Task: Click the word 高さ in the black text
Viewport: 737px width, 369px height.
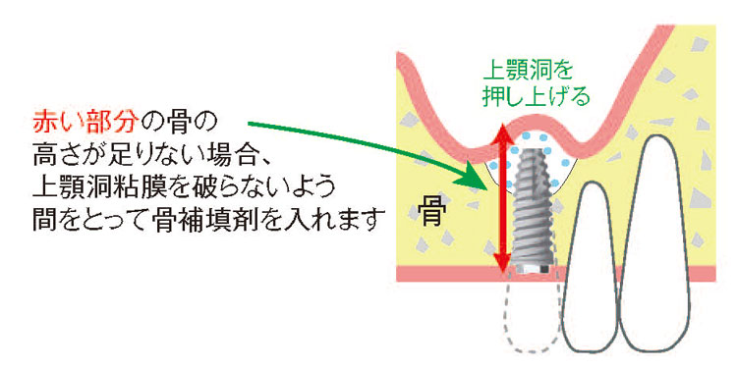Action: click(x=49, y=155)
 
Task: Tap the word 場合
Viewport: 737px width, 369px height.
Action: click(x=212, y=155)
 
